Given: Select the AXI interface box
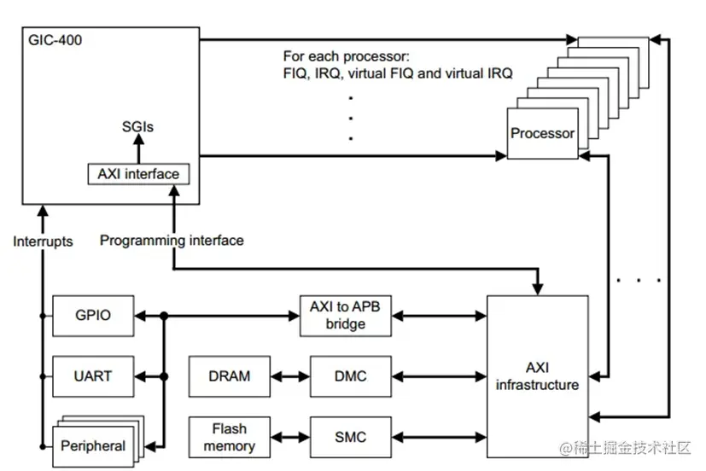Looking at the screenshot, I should pos(137,174).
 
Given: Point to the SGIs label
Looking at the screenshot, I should pos(137,127).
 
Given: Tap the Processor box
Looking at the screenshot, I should pos(542,134).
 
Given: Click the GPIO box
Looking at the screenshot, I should pos(93,316).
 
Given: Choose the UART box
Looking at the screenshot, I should pos(93,375).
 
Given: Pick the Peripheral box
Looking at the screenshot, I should pos(92,445).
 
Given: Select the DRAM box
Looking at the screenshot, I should pos(229,375).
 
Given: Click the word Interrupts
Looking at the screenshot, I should pos(43,241).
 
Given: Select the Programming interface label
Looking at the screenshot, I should pos(172,241).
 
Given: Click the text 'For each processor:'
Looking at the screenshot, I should pos(347,56).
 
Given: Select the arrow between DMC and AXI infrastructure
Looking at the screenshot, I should pos(439,375).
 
